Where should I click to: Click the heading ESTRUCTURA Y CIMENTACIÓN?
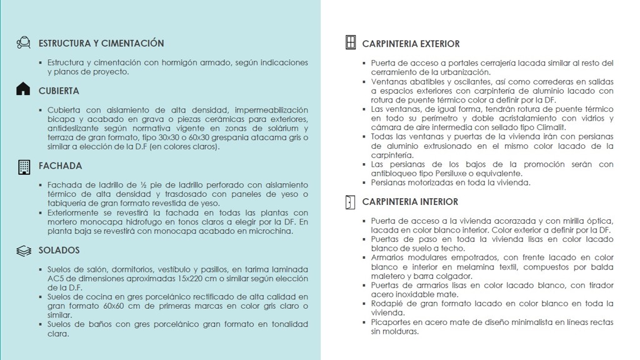(x=101, y=43)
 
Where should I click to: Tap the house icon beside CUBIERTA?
(x=23, y=89)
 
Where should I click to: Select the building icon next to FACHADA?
(x=24, y=166)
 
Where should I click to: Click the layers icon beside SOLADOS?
(x=24, y=251)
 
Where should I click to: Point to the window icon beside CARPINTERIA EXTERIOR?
(x=351, y=42)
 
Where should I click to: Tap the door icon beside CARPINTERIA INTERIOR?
(x=350, y=202)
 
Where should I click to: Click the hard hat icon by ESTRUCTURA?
(x=24, y=42)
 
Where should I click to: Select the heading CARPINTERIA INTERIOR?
(x=410, y=202)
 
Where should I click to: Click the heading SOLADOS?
(x=59, y=250)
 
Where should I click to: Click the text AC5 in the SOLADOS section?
(x=55, y=278)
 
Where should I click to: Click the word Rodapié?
(x=387, y=303)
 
